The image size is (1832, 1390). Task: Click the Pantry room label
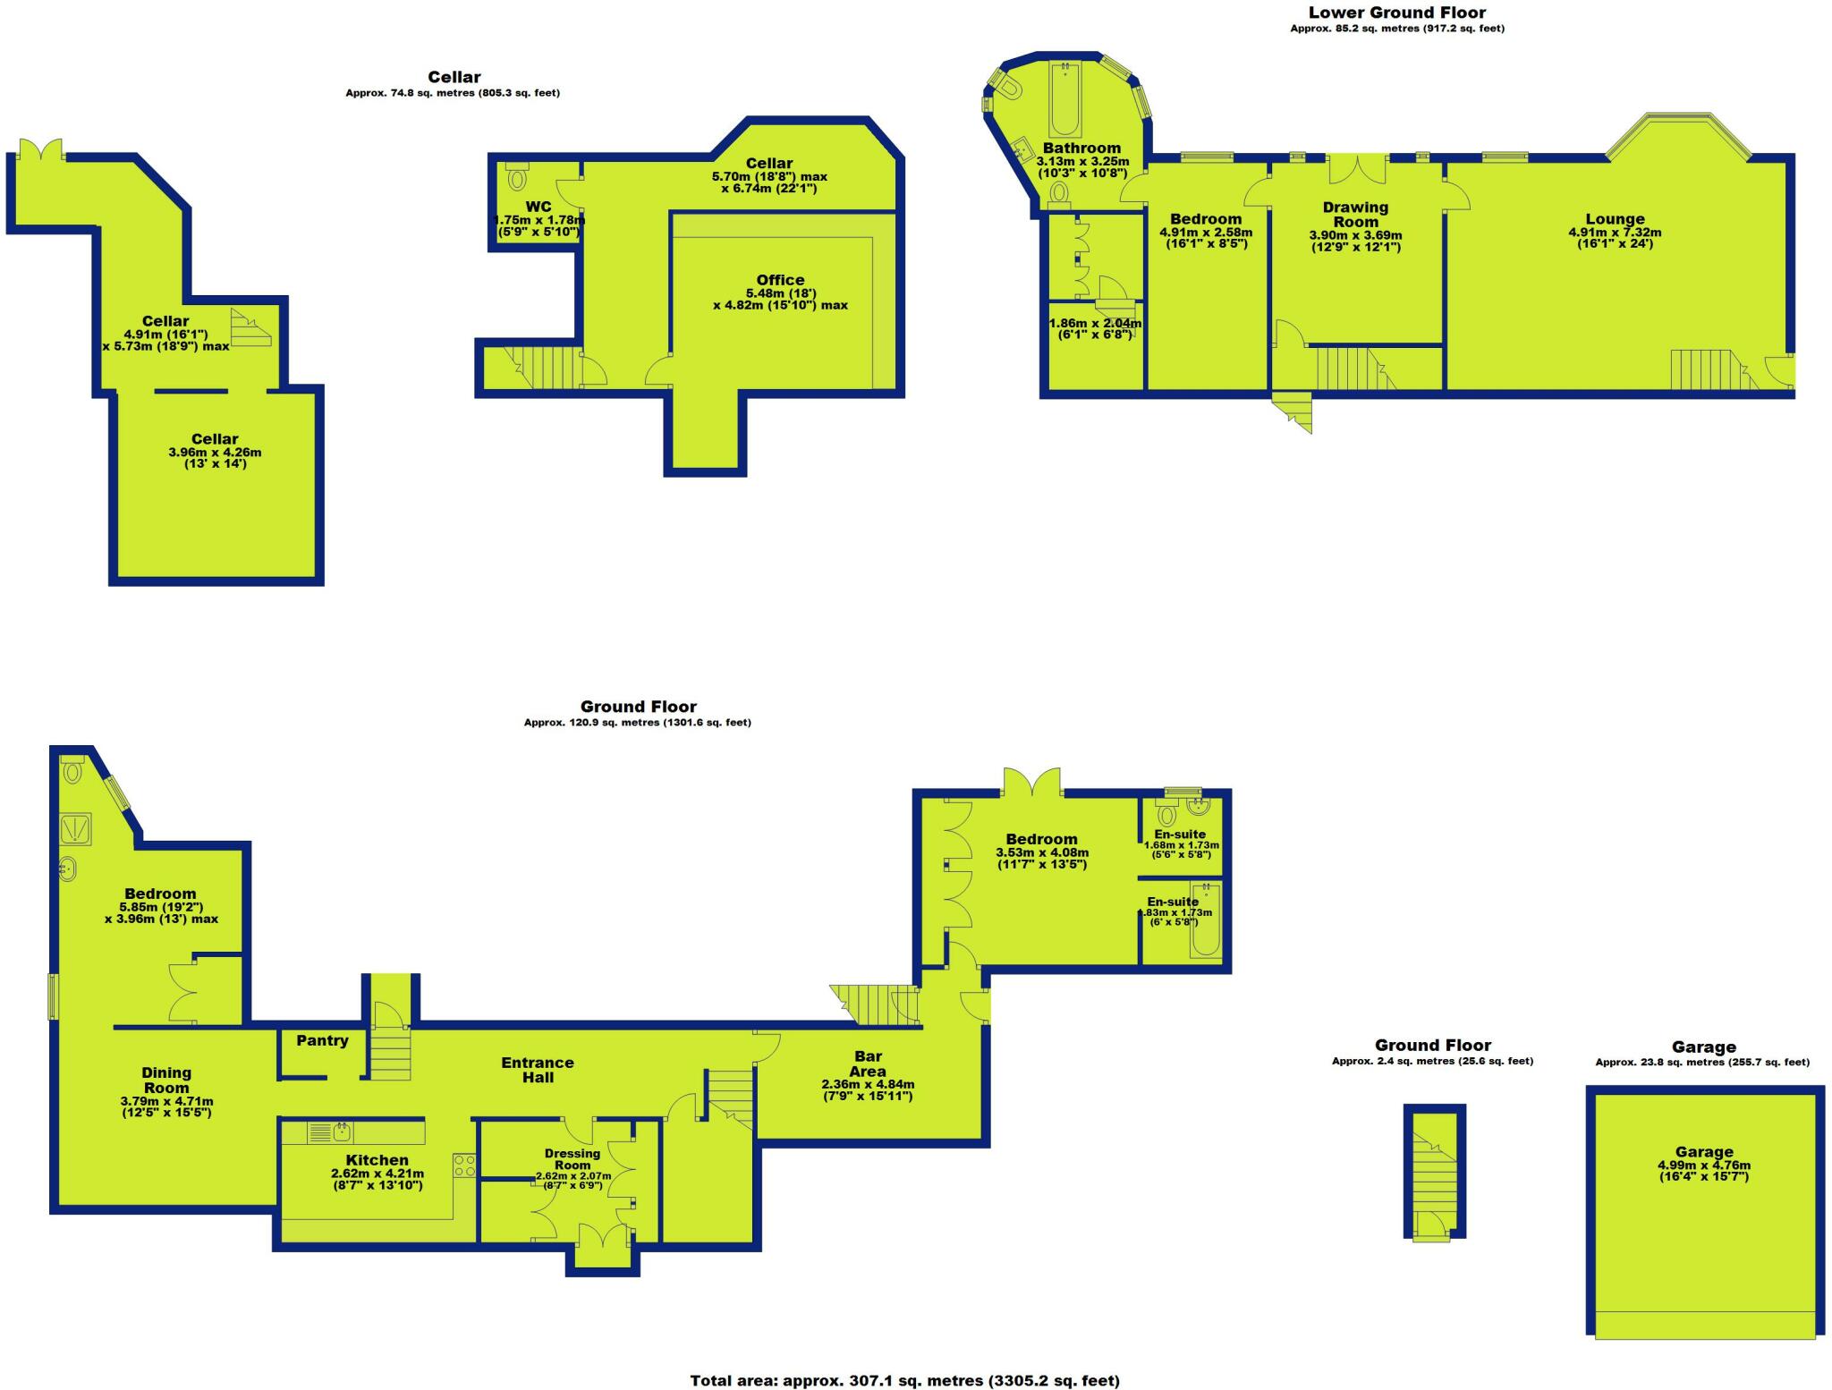(322, 1040)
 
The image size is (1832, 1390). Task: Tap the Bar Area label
(868, 1064)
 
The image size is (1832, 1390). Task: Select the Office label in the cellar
(780, 280)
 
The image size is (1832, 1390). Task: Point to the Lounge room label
(1615, 219)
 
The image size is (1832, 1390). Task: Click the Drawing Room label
(1355, 215)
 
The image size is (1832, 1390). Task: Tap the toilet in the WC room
(517, 177)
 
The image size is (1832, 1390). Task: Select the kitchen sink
(341, 1132)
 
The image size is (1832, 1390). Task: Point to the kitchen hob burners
(464, 1165)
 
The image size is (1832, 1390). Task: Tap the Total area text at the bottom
(904, 1380)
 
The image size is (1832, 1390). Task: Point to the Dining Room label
(166, 1080)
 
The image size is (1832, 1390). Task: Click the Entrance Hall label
(537, 1070)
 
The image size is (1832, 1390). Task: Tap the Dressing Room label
(572, 1159)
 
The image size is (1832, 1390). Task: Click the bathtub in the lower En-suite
(1205, 921)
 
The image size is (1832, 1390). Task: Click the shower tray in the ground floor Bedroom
(70, 829)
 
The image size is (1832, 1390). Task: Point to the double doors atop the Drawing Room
(1356, 168)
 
